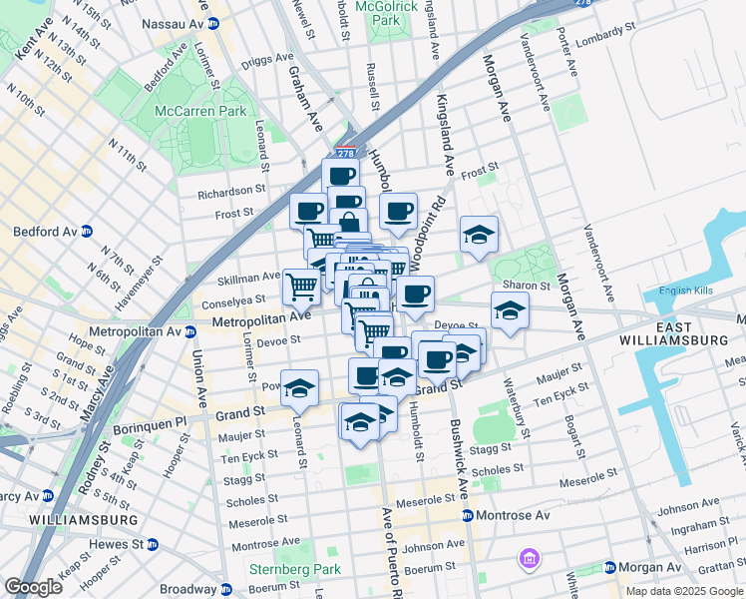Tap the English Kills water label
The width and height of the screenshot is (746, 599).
tap(689, 292)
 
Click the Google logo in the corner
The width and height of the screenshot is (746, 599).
tap(33, 587)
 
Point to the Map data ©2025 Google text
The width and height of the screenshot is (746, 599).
tap(684, 591)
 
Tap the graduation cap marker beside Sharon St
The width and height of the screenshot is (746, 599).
tap(510, 309)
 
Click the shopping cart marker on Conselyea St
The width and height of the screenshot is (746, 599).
tap(301, 287)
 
